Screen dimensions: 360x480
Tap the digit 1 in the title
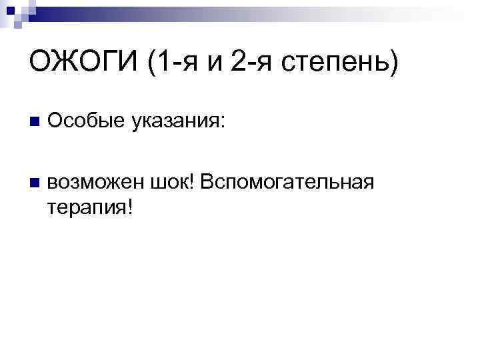tap(159, 65)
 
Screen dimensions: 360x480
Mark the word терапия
tap(87, 207)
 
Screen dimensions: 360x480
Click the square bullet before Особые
tap(35, 122)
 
